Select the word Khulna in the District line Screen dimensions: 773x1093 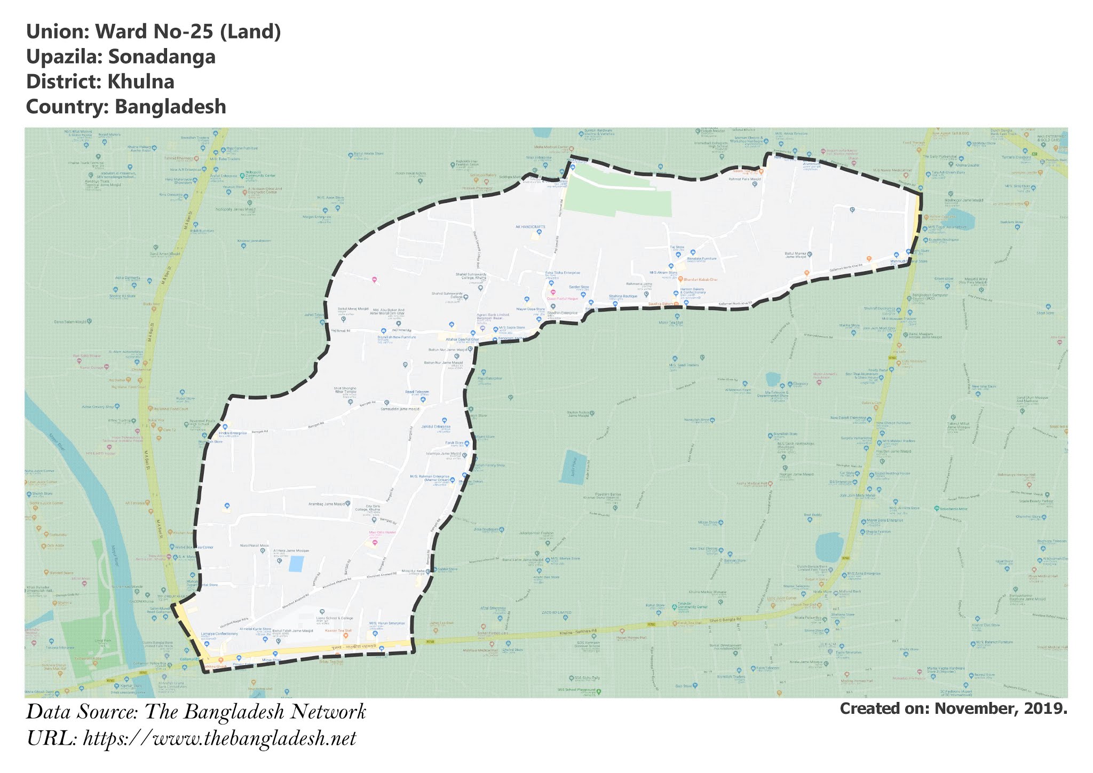pos(141,82)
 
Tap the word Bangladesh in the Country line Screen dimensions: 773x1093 pos(171,107)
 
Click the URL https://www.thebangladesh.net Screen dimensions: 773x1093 pos(219,739)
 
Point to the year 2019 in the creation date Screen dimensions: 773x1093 pos(1047,708)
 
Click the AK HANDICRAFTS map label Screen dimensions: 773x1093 pos(530,227)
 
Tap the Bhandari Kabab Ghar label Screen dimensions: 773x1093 pos(701,280)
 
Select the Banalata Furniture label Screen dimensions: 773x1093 pos(701,258)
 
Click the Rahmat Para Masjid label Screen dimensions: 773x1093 pos(744,180)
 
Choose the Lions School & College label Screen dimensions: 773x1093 pos(335,618)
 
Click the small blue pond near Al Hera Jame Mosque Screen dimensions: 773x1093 pos(296,564)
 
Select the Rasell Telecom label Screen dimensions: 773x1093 pos(417,392)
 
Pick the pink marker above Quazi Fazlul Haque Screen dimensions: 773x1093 pos(553,292)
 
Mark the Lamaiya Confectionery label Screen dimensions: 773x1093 pos(219,634)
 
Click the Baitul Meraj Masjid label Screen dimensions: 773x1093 pos(353,309)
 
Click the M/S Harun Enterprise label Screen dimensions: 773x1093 pos(387,623)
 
